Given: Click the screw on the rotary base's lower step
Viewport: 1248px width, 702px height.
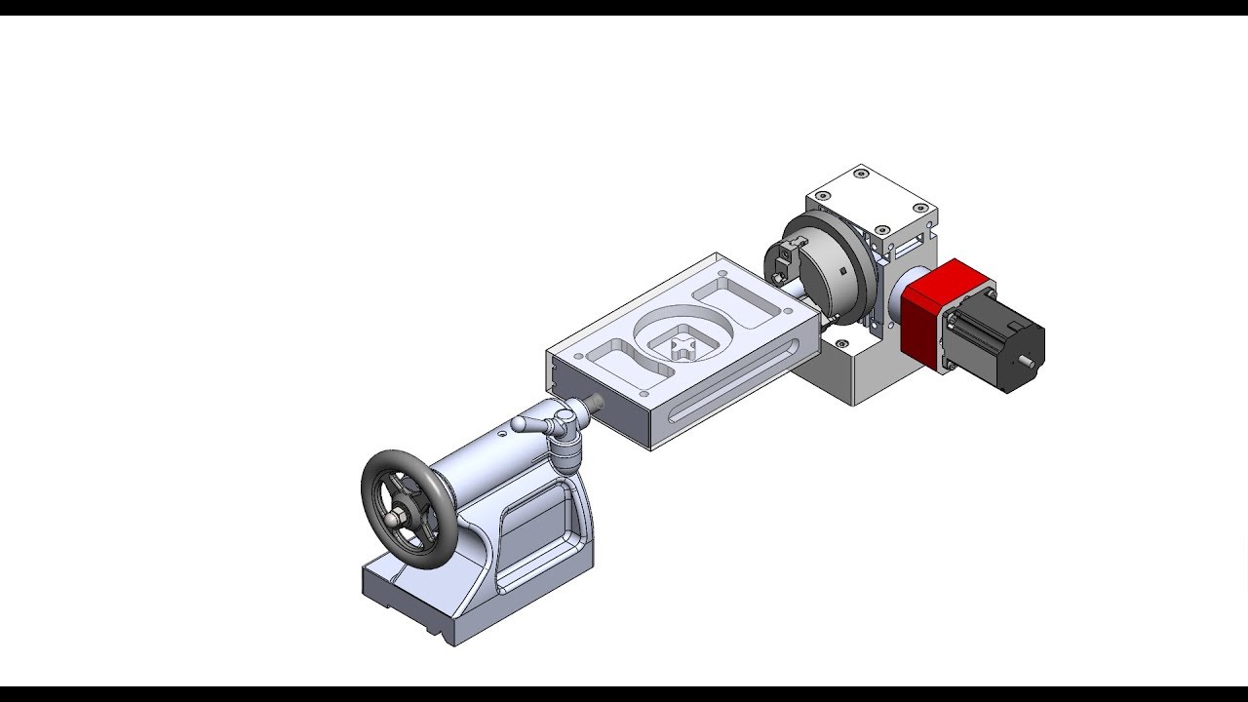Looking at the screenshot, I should (x=838, y=342).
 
